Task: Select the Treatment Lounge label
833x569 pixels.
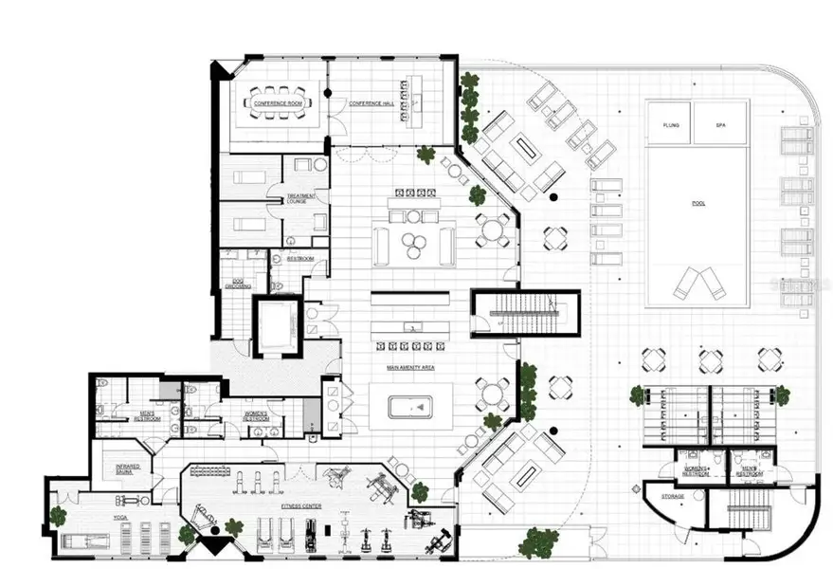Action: click(299, 200)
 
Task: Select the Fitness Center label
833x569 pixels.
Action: click(301, 506)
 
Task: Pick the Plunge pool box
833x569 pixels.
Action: click(670, 123)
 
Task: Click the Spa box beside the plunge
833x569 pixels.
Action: click(720, 123)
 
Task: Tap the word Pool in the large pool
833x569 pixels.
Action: click(698, 203)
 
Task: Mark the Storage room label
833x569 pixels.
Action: click(675, 496)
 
